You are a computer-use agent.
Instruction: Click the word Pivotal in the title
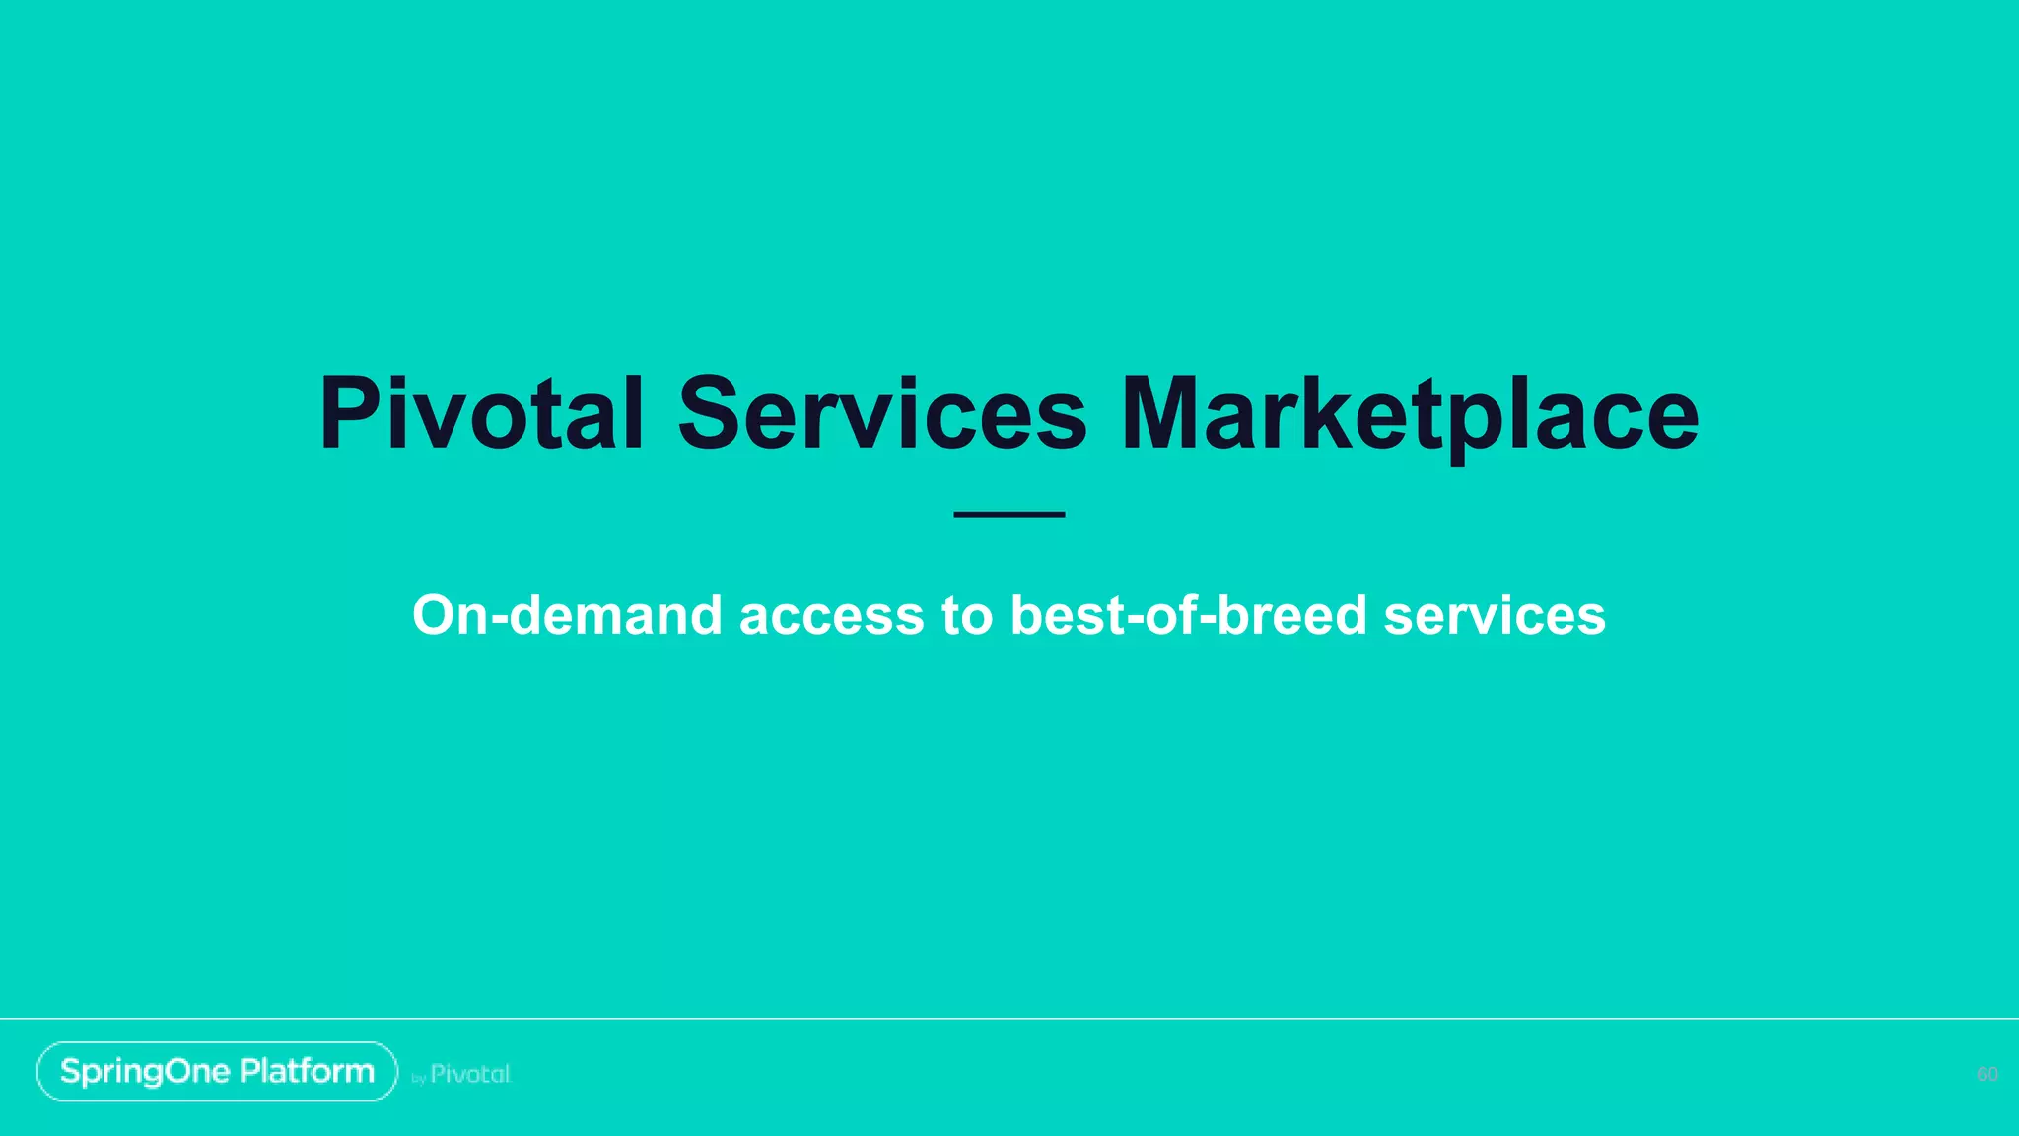click(481, 413)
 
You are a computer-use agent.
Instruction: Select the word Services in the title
click(882, 413)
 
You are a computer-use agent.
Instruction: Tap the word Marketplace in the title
click(1410, 413)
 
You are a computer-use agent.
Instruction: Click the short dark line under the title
click(1009, 514)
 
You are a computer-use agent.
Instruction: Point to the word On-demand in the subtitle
click(567, 615)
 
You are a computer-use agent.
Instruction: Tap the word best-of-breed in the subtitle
click(1188, 615)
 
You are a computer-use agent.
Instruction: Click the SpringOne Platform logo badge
click(217, 1071)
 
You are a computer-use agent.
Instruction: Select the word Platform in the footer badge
click(307, 1071)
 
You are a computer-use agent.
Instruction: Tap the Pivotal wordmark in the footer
click(470, 1074)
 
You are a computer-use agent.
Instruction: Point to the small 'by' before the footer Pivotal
click(418, 1079)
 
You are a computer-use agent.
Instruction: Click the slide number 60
click(1986, 1074)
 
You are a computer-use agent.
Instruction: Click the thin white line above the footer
click(1009, 1018)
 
